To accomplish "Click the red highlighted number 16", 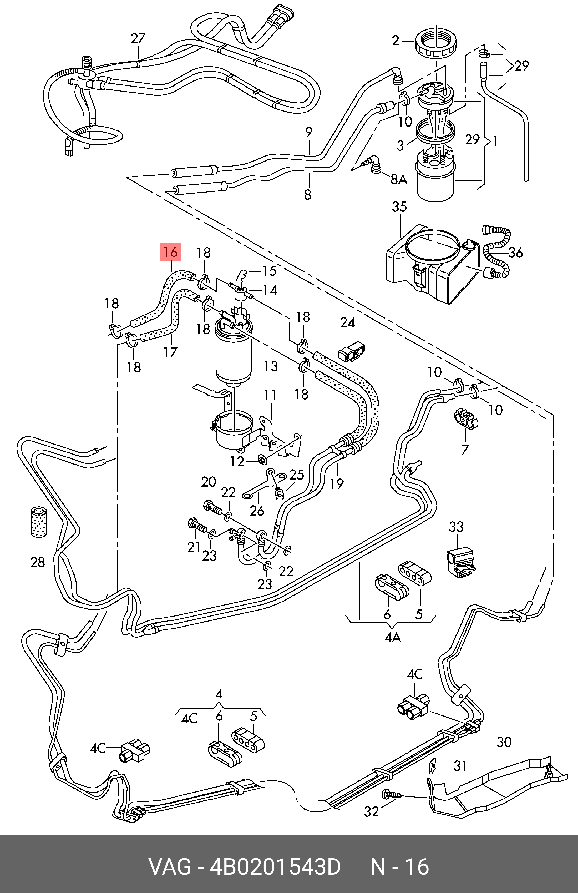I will point(171,252).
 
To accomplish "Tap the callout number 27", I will point(138,39).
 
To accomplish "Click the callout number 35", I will point(399,207).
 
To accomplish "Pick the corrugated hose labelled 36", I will point(497,255).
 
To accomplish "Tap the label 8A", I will point(399,179).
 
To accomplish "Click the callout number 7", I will point(465,449).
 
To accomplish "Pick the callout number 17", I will point(170,352).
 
